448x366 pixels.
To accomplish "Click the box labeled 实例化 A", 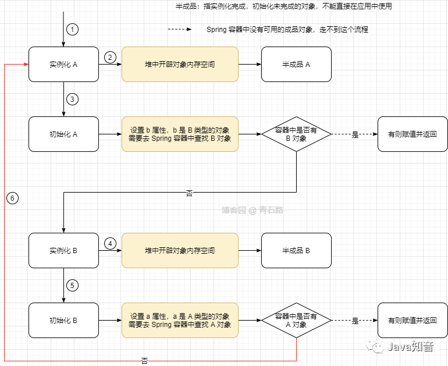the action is pos(63,65).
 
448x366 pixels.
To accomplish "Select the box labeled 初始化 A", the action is pos(63,134).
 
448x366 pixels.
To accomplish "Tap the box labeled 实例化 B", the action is pos(63,251).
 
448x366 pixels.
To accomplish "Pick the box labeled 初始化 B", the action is pos(63,321).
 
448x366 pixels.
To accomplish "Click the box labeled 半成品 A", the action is pos(296,65).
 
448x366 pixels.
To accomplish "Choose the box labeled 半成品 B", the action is pos(296,251).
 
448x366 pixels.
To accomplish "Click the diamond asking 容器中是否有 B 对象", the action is pos(296,134).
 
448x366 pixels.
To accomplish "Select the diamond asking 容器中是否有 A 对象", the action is pos(296,321).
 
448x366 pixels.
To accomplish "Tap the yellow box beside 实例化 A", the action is pos(180,65).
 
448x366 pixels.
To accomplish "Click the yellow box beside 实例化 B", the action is pos(180,251).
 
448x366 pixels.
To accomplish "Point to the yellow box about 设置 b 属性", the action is pos(180,134).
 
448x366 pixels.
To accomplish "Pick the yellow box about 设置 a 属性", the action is pos(180,321).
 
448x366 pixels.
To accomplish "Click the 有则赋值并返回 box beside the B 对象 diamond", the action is pos(413,134).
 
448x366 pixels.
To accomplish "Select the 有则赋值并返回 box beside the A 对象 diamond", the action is pos(413,321).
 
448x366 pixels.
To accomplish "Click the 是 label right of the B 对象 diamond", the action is pos(355,135).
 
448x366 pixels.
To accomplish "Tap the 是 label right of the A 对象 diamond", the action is pos(355,321).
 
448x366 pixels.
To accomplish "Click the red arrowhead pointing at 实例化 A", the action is pos(26,65).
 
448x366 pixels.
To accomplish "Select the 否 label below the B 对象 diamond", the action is pos(189,194).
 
